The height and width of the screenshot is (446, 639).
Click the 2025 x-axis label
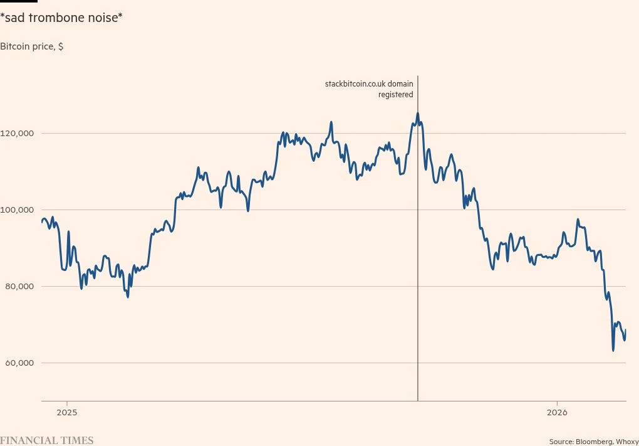click(x=66, y=412)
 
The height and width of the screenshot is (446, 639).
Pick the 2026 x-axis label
click(x=557, y=412)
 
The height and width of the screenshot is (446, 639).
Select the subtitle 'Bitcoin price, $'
click(x=31, y=46)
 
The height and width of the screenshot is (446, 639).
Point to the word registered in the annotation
click(x=395, y=95)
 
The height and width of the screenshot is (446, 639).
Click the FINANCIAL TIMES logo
click(x=46, y=440)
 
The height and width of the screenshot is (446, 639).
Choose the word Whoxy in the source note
click(x=627, y=442)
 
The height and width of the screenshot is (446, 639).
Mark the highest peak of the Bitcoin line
click(x=417, y=114)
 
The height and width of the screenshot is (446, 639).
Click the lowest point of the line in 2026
click(x=613, y=350)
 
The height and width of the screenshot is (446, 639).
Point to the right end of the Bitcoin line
click(x=625, y=330)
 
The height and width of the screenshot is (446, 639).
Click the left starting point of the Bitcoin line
click(x=42, y=222)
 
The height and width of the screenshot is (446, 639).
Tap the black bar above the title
click(x=19, y=1)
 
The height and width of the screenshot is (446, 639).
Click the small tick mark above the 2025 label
click(x=66, y=403)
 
